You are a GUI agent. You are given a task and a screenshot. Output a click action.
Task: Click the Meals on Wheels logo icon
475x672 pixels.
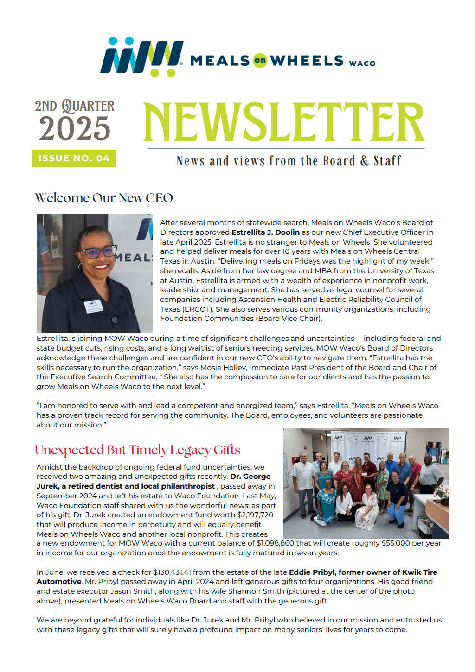point(141,57)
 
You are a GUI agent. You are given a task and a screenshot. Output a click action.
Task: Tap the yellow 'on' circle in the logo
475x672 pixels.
point(260,60)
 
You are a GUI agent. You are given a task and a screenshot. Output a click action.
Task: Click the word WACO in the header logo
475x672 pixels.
point(362,63)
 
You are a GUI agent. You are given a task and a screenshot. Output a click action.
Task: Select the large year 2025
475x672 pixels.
point(75,129)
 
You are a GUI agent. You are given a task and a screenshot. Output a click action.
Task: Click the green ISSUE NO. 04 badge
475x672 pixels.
point(74,158)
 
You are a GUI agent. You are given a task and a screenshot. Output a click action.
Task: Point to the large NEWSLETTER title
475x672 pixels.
point(284,122)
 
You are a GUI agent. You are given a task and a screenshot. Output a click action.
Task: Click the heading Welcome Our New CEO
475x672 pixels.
point(104,198)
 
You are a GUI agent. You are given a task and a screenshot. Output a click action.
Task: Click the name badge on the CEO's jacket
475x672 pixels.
point(93,307)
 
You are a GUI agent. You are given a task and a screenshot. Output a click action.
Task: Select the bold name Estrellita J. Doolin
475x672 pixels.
point(265,232)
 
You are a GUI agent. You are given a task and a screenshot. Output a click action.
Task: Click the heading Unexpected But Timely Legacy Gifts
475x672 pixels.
point(137,450)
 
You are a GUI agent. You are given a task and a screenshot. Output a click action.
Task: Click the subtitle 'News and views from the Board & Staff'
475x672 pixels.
point(289,161)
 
